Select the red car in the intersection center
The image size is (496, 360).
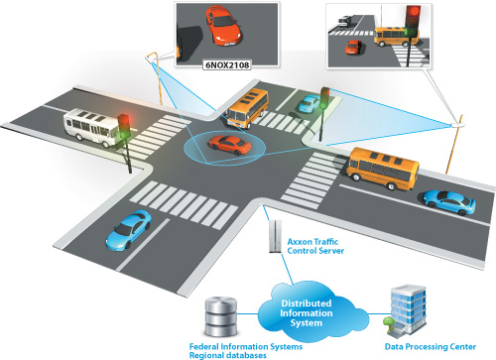click(x=227, y=146)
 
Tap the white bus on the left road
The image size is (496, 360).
click(x=90, y=125)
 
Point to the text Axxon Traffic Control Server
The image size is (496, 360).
click(x=315, y=245)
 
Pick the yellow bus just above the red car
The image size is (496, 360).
click(x=247, y=107)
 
